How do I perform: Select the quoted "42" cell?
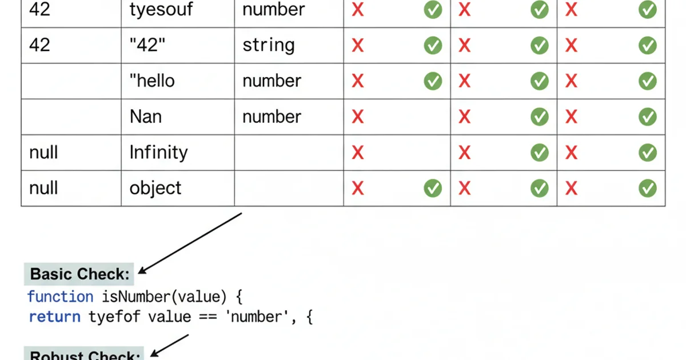[147, 45]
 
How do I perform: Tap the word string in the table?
[268, 45]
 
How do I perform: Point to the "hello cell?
[152, 81]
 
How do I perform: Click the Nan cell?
[146, 117]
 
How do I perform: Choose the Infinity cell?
[158, 152]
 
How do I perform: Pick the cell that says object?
[155, 188]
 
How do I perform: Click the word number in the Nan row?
[272, 117]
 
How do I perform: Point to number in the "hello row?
[272, 81]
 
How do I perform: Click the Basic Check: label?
[79, 274]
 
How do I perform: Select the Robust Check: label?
[85, 355]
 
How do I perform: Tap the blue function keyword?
[60, 297]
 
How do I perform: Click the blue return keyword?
[55, 317]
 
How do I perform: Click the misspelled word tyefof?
[114, 317]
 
